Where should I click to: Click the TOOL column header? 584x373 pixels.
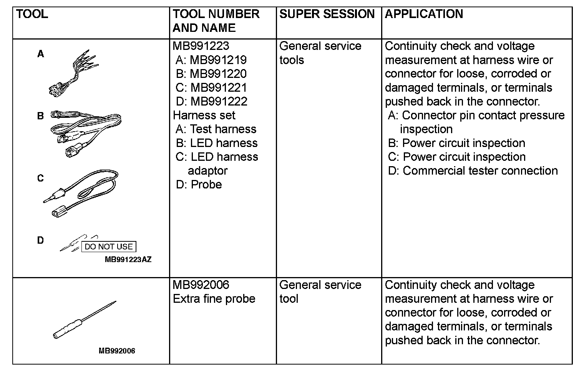pyautogui.click(x=32, y=14)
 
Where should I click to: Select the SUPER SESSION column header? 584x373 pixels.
pyautogui.click(x=327, y=14)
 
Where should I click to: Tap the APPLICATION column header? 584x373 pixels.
pyautogui.click(x=424, y=14)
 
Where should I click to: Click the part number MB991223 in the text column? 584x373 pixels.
pyautogui.click(x=201, y=46)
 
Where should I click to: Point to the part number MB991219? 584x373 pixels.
pyautogui.click(x=218, y=60)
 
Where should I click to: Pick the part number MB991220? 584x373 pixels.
pyautogui.click(x=218, y=74)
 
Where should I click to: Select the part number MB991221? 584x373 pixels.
pyautogui.click(x=219, y=87)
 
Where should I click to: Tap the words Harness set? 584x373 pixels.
pyautogui.click(x=204, y=115)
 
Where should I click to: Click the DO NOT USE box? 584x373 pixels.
pyautogui.click(x=109, y=247)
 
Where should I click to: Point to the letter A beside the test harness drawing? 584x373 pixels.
pyautogui.click(x=40, y=54)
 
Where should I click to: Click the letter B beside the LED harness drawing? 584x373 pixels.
pyautogui.click(x=40, y=116)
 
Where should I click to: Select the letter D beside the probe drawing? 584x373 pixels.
pyautogui.click(x=40, y=240)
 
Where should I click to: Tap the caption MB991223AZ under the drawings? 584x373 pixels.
pyautogui.click(x=128, y=259)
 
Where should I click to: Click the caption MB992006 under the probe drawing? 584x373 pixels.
pyautogui.click(x=117, y=351)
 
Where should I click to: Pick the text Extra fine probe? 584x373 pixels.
pyautogui.click(x=214, y=299)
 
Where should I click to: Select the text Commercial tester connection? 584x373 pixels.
pyautogui.click(x=480, y=170)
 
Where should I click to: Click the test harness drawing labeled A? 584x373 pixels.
pyautogui.click(x=73, y=73)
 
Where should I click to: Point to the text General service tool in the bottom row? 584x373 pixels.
pyautogui.click(x=320, y=292)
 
